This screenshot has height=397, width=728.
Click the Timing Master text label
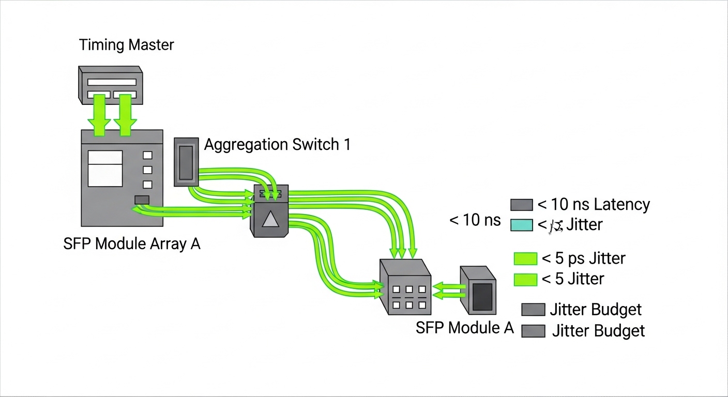tap(126, 44)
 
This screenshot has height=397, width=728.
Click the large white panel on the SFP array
tap(105, 169)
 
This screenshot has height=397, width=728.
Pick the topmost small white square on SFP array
tap(147, 155)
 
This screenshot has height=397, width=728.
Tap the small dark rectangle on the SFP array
tap(142, 200)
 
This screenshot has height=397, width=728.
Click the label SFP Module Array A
tap(131, 243)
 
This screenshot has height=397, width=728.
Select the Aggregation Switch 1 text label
tap(277, 145)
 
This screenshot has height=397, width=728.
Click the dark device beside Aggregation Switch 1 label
tap(186, 161)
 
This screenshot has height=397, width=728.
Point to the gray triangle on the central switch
tap(270, 220)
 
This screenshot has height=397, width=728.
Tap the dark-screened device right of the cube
tap(478, 291)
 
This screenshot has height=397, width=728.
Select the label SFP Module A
tap(464, 328)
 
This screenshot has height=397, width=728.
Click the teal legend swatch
tap(521, 225)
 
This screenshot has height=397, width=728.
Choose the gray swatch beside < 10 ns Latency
tap(521, 205)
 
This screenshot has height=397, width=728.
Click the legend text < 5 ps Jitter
tap(583, 258)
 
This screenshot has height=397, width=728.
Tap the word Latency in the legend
tap(621, 205)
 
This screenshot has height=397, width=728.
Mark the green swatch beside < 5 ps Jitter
tap(525, 259)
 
